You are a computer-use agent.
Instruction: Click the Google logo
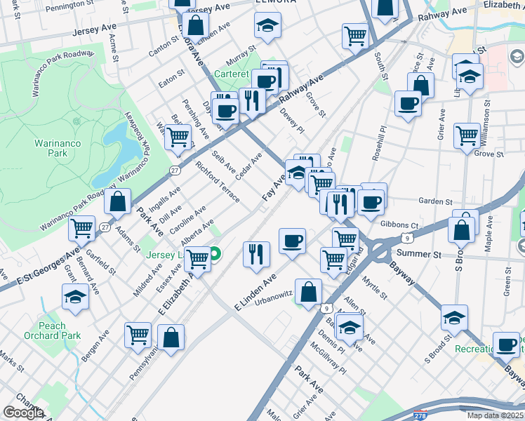23,413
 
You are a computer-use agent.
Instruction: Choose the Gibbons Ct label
399,225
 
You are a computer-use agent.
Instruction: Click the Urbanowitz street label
272,303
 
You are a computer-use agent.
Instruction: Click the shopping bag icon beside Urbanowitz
309,291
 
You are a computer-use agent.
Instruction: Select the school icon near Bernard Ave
75,297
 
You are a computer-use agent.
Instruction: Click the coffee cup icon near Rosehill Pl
408,105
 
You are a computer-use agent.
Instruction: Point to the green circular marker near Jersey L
216,255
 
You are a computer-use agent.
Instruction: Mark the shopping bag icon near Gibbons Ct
463,227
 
